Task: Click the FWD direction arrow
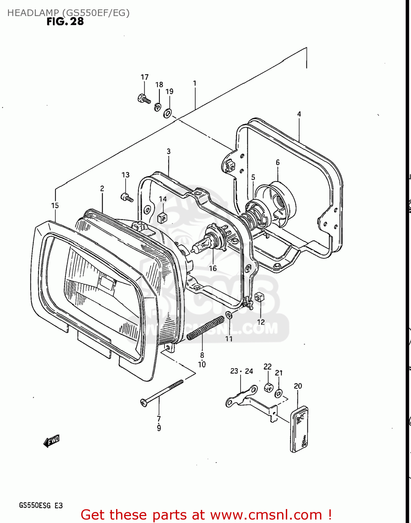click(51, 441)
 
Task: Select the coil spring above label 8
click(205, 328)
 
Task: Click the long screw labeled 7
click(162, 393)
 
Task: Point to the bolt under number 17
click(144, 99)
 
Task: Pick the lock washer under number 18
click(158, 107)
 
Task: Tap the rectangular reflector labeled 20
click(299, 429)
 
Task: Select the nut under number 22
click(268, 387)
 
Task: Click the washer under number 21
click(279, 394)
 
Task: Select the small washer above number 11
click(229, 315)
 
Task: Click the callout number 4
click(299, 114)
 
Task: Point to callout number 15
click(55, 206)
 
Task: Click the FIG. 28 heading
click(65, 22)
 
